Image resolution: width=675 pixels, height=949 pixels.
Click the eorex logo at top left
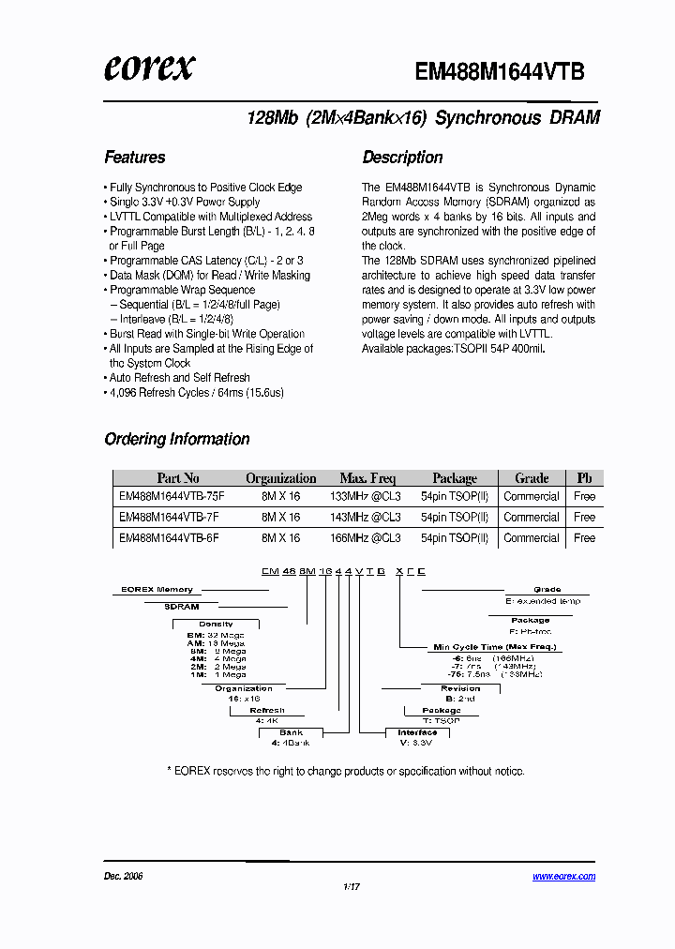pos(150,68)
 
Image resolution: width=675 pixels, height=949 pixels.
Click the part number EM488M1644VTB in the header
pos(500,71)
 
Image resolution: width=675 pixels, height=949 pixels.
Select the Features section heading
pos(135,158)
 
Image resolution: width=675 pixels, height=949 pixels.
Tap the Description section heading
pos(402,158)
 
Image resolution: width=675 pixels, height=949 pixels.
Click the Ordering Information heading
pos(177,439)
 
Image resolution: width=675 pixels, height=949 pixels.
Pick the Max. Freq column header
pos(368,478)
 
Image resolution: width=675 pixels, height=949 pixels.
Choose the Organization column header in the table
pos(280,478)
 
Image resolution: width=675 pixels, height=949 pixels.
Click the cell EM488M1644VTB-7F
pos(169,518)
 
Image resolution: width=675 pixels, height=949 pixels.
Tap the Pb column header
pos(584,478)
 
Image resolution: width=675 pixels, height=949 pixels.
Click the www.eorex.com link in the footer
pos(563,877)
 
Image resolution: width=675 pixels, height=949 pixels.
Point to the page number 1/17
pos(352,886)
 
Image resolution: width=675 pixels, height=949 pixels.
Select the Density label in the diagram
pos(216,624)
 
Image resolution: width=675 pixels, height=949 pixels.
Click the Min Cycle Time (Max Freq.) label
pos(494,647)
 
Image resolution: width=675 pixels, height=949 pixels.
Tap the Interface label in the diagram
pos(417,732)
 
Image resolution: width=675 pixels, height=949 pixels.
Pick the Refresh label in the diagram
pos(267,711)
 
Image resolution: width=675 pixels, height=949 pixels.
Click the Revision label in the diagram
pos(460,688)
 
